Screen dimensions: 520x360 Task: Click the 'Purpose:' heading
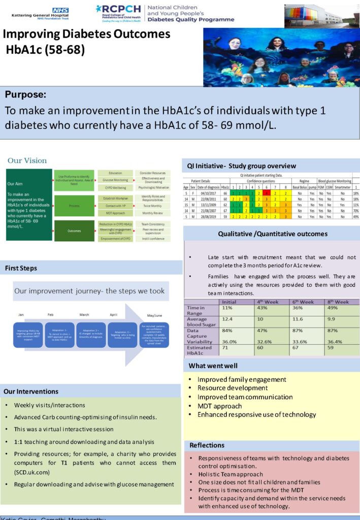(x=25, y=95)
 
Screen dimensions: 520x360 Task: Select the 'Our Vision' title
(x=27, y=160)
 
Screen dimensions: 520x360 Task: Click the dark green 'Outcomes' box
(x=74, y=231)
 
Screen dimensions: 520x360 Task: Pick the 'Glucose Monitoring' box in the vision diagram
(x=115, y=179)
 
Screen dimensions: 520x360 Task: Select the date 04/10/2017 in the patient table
(x=205, y=193)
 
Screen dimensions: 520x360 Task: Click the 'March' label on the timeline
(x=84, y=315)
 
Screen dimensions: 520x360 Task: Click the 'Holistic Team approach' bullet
(x=232, y=473)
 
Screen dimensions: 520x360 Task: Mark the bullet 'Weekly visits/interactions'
(x=49, y=405)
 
